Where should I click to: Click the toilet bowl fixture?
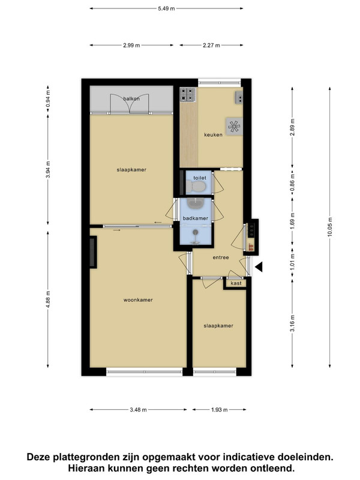[x=196, y=185]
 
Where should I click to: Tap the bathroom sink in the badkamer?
[x=196, y=203]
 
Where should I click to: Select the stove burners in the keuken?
[x=188, y=94]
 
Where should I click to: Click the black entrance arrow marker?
[x=259, y=267]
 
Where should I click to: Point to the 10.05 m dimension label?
[x=329, y=227]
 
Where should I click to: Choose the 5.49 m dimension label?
[x=167, y=8]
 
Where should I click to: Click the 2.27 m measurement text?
[x=211, y=46]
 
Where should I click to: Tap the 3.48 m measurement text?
[x=138, y=410]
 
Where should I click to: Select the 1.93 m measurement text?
[x=219, y=410]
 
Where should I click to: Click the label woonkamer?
[x=138, y=300]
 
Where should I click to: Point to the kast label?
[x=236, y=283]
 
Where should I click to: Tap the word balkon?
[x=131, y=98]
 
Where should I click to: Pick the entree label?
[x=221, y=257]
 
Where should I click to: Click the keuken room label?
[x=214, y=134]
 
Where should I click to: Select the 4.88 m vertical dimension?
[x=48, y=299]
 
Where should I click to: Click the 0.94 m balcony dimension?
[x=48, y=99]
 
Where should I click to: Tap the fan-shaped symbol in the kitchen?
[x=234, y=127]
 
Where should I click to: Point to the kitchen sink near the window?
[x=239, y=98]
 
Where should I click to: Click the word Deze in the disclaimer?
[x=39, y=457]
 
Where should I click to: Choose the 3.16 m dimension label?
[x=292, y=323]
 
